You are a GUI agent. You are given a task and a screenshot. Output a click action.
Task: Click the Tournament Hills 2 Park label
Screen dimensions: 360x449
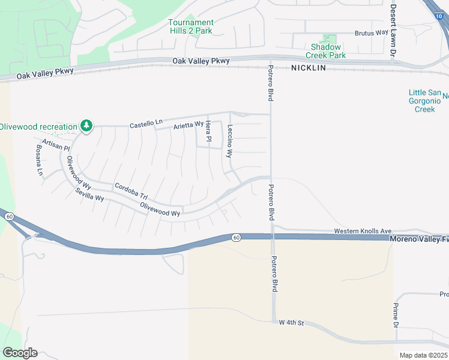pyautogui.click(x=190, y=26)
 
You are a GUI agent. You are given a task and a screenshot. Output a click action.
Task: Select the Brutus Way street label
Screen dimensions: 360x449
pyautogui.click(x=372, y=33)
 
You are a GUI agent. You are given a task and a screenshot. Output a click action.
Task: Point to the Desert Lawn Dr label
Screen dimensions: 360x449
pyautogui.click(x=394, y=30)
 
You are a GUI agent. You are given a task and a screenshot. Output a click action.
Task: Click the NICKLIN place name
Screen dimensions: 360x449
pyautogui.click(x=308, y=68)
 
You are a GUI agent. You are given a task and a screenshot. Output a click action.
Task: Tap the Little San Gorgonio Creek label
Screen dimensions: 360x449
pyautogui.click(x=424, y=101)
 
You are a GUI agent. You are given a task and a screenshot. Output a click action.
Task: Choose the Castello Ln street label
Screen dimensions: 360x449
pyautogui.click(x=146, y=124)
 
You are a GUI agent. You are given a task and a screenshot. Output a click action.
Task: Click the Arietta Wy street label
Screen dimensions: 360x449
pyautogui.click(x=188, y=125)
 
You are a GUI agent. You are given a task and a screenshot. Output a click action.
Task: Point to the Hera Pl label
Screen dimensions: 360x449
pyautogui.click(x=208, y=131)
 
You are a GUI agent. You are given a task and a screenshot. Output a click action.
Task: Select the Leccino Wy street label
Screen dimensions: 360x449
pyautogui.click(x=229, y=141)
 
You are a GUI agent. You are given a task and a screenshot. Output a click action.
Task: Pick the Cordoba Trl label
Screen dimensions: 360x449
pyautogui.click(x=131, y=191)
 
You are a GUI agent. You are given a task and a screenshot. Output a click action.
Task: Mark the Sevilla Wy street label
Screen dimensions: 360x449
pyautogui.click(x=89, y=194)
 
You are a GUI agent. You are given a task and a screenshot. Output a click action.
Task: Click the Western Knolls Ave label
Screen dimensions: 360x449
pyautogui.click(x=363, y=231)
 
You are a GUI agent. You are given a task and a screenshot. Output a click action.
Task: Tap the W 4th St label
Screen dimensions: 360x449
pyautogui.click(x=292, y=323)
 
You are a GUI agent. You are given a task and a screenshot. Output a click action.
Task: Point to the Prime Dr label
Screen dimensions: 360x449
pyautogui.click(x=396, y=316)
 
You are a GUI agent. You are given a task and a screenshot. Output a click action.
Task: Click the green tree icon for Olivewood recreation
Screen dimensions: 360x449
pyautogui.click(x=87, y=125)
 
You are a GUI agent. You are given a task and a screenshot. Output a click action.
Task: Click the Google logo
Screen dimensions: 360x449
pyautogui.click(x=20, y=353)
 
